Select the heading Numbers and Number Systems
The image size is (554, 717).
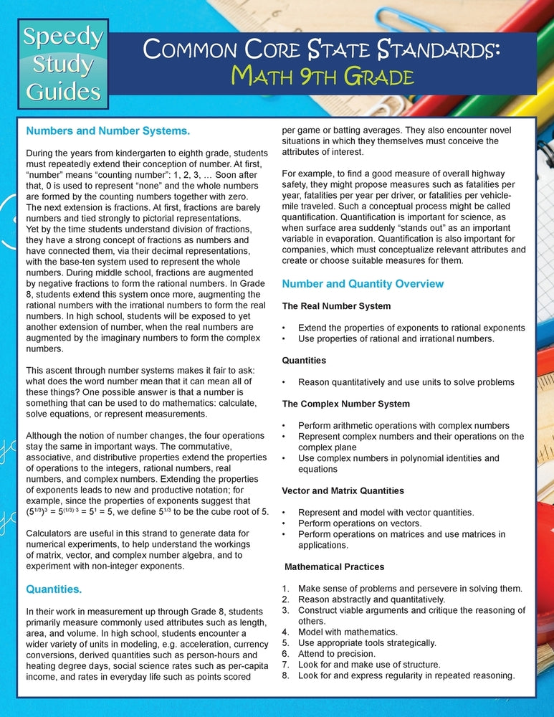coord(108,131)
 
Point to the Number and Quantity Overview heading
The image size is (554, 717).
coord(363,284)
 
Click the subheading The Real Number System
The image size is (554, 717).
coord(336,306)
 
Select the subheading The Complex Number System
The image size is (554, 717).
coord(345,404)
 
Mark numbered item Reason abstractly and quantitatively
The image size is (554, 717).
coord(371,599)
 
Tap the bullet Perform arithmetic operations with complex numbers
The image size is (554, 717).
coord(403,426)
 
